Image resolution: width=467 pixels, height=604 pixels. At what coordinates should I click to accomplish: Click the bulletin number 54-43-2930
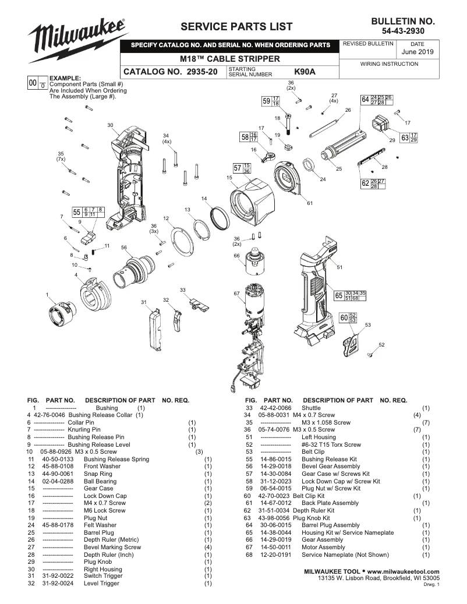[403, 30]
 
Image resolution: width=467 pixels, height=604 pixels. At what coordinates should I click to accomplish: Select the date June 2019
[418, 52]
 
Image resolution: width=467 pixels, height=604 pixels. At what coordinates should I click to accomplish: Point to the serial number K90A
[305, 72]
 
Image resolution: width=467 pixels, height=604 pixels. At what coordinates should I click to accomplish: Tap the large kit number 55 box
[76, 212]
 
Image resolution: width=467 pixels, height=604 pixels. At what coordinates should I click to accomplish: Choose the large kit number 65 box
[338, 295]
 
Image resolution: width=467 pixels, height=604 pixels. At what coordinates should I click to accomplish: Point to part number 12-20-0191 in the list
[275, 554]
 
